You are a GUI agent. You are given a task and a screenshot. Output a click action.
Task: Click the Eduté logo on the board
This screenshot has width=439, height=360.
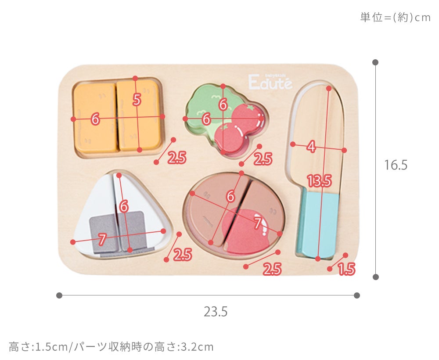270,82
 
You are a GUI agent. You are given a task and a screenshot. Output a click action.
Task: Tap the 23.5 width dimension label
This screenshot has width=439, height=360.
216,312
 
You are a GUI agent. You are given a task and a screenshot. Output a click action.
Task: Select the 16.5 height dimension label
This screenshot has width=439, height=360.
396,165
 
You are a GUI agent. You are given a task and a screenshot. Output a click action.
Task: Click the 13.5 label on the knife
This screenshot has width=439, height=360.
319,180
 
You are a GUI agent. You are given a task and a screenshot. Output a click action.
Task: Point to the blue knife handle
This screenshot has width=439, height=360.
318,223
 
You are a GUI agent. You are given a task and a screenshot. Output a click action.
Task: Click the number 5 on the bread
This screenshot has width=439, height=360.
137,99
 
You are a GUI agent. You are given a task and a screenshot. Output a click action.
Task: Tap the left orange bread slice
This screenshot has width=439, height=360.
95,118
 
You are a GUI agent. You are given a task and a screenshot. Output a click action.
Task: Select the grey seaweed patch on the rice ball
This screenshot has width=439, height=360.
118,232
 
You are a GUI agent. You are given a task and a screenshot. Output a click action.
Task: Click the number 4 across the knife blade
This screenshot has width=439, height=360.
311,146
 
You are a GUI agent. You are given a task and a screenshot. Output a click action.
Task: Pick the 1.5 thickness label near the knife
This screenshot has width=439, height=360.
347,269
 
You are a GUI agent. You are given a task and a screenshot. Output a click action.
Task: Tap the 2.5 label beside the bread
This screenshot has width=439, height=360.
177,158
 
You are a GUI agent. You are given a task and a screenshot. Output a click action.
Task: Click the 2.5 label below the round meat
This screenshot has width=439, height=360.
272,269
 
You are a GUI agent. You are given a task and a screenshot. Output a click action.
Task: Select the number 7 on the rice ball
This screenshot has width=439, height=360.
102,239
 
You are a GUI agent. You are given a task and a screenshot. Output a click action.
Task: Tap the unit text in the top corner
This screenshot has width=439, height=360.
396,18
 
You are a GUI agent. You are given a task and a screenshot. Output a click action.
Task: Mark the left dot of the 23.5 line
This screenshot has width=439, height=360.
59,295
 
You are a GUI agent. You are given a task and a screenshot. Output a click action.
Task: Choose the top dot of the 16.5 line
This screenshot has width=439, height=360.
376,62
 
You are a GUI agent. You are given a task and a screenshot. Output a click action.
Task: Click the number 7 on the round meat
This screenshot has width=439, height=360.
258,223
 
